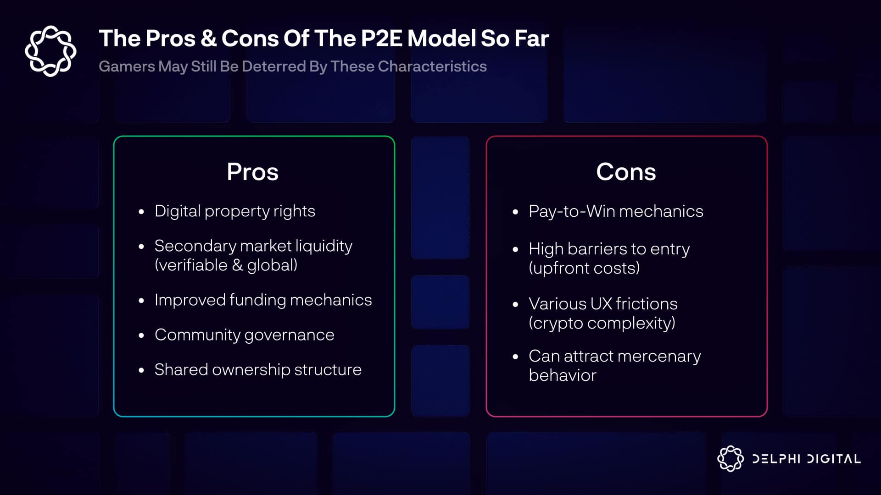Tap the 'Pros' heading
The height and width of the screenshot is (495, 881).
click(253, 172)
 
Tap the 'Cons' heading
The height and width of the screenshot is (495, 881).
click(626, 172)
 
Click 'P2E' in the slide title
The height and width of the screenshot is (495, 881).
click(382, 38)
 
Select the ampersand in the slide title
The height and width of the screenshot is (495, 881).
click(209, 38)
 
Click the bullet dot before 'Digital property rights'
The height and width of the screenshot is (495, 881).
click(141, 212)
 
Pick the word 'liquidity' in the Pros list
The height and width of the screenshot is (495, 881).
click(324, 246)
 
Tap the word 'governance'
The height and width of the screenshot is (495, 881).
click(290, 335)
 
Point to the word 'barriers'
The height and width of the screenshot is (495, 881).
click(597, 249)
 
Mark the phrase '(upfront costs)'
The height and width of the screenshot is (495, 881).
click(584, 268)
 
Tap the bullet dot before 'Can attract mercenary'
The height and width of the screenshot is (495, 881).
click(515, 357)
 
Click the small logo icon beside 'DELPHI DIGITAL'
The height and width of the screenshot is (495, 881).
click(730, 458)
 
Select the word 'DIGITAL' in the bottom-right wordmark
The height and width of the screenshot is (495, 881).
click(834, 459)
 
